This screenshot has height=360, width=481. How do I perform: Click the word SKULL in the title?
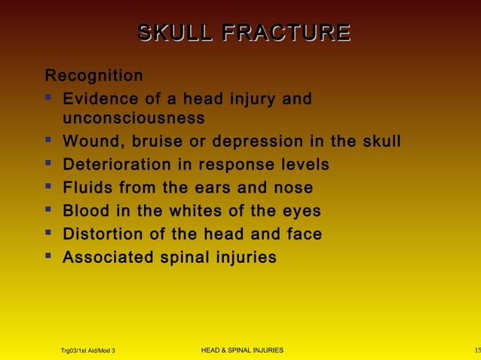pyautogui.click(x=170, y=33)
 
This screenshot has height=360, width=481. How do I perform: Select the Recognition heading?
pyautogui.click(x=93, y=76)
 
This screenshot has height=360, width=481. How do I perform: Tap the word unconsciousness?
pyautogui.click(x=133, y=118)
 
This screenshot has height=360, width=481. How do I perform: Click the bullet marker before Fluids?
pyautogui.click(x=49, y=187)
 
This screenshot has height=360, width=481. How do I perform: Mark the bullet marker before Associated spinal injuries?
pyautogui.click(x=49, y=256)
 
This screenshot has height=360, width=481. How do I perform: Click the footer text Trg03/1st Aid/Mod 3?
pyautogui.click(x=87, y=351)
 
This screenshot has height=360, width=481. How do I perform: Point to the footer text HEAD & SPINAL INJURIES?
pyautogui.click(x=243, y=350)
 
